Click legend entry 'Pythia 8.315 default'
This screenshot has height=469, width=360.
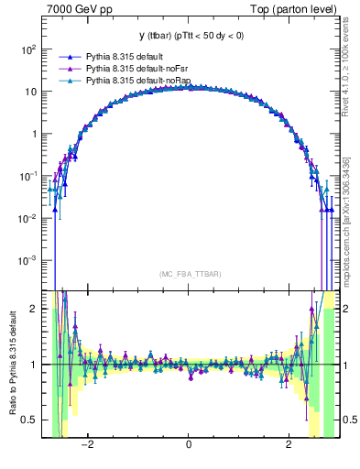point(125,56)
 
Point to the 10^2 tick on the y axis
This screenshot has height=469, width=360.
point(28,49)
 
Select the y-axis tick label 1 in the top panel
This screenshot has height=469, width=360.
point(34,134)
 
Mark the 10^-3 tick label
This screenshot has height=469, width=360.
point(28,260)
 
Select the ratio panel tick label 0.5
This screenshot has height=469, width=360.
point(29,420)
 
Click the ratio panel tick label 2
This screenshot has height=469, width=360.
point(34,309)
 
